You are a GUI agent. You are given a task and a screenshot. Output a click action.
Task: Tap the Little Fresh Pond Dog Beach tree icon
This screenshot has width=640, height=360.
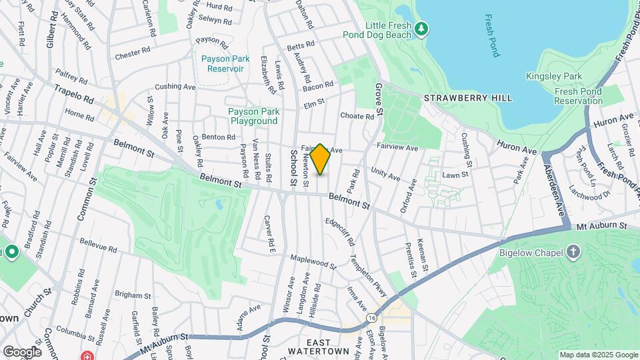click(421, 28)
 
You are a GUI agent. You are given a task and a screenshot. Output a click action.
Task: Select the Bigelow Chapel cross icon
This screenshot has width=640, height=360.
click(573, 253)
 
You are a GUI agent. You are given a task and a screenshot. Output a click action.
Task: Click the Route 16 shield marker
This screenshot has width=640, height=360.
click(369, 319)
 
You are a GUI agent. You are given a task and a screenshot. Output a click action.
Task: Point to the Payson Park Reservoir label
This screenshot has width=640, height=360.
click(225, 63)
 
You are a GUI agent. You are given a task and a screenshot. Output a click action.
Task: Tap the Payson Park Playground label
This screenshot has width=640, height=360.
click(253, 116)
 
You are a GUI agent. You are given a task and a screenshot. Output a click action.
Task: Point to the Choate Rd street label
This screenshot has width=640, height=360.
click(357, 115)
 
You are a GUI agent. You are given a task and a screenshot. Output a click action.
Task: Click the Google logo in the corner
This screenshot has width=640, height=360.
click(22, 351)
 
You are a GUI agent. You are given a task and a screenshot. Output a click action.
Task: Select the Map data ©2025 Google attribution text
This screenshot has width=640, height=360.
click(598, 355)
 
